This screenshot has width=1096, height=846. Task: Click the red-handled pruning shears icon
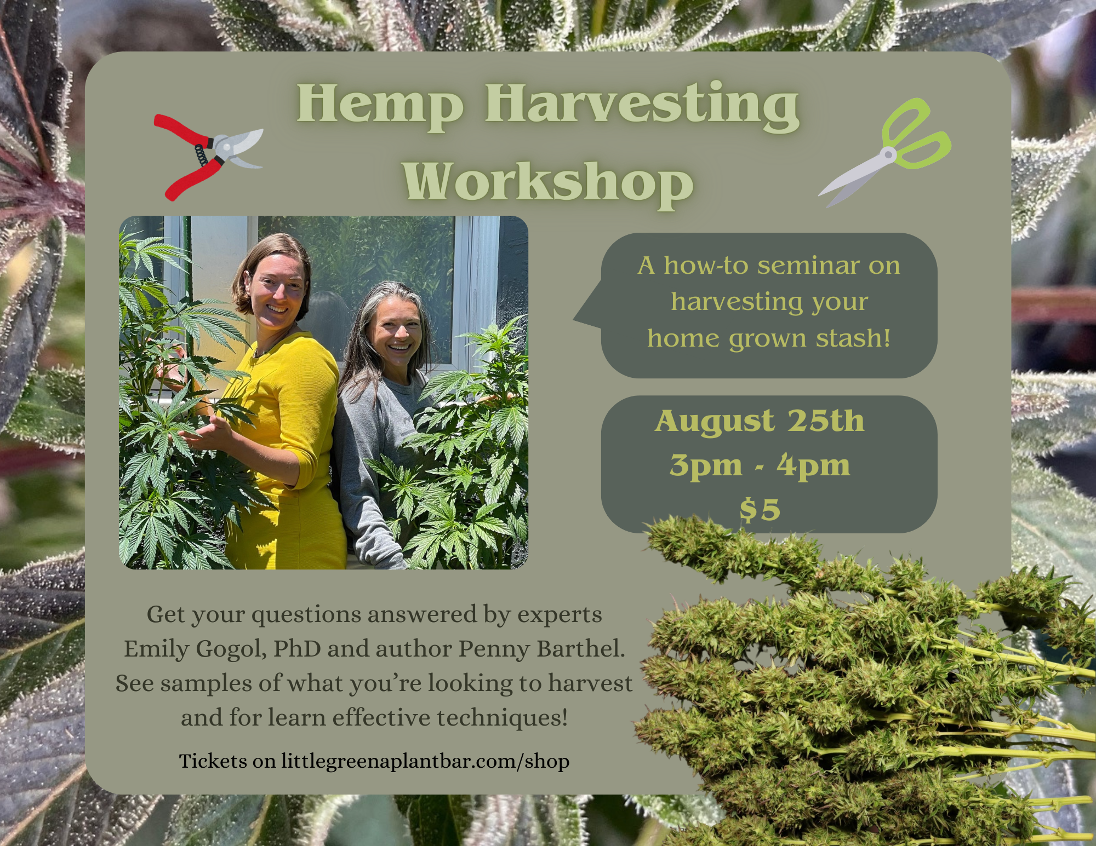coord(208,157)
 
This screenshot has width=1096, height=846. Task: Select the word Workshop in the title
coord(548,182)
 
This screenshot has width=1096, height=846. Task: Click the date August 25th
coord(760,422)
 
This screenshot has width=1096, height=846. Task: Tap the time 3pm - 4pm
coord(760,466)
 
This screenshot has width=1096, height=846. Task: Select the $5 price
coord(760,510)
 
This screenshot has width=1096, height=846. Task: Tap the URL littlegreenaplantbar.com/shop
coord(425,761)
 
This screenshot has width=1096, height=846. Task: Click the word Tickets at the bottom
coord(213,761)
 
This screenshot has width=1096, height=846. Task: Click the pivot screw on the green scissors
coord(888,156)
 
